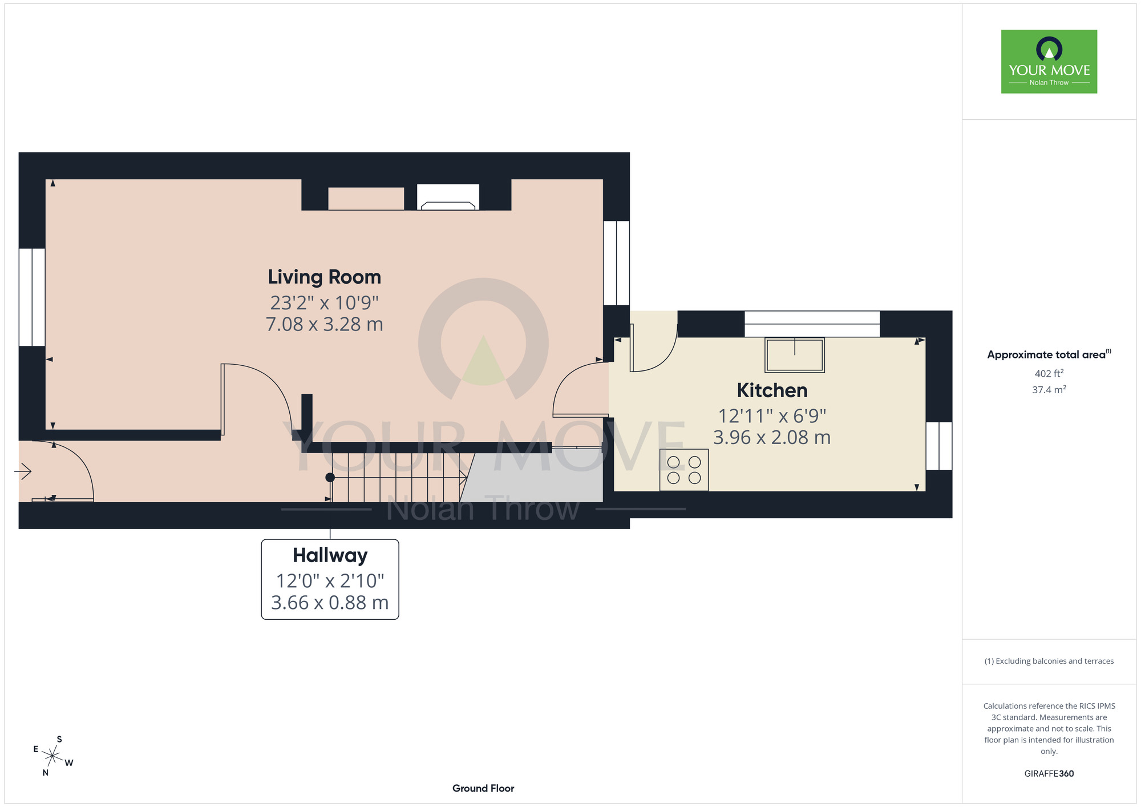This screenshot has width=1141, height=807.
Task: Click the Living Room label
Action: pyautogui.click(x=324, y=277)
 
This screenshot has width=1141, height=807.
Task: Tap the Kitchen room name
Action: pyautogui.click(x=771, y=390)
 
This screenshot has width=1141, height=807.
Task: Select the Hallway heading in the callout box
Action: pyautogui.click(x=330, y=555)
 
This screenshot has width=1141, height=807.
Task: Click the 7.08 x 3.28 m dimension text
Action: pyautogui.click(x=324, y=324)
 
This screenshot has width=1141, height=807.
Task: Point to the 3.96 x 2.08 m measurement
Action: pyautogui.click(x=771, y=438)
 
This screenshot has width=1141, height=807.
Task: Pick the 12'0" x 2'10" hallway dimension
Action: pyautogui.click(x=330, y=581)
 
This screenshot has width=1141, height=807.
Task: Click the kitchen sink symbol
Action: pyautogui.click(x=794, y=354)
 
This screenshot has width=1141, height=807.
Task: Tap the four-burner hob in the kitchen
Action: pyautogui.click(x=683, y=470)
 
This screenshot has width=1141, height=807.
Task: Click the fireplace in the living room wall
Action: pyautogui.click(x=448, y=197)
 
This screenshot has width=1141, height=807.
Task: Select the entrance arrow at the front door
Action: pyautogui.click(x=23, y=471)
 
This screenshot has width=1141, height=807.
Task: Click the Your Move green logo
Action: pyautogui.click(x=1049, y=62)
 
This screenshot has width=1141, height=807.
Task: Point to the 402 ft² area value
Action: pyautogui.click(x=1049, y=373)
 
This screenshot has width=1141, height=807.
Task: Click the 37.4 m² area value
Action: pyautogui.click(x=1049, y=390)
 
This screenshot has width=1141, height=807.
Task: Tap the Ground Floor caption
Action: pyautogui.click(x=483, y=788)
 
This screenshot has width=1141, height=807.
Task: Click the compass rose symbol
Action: pyautogui.click(x=52, y=756)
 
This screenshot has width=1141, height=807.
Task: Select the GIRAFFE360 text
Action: pyautogui.click(x=1049, y=774)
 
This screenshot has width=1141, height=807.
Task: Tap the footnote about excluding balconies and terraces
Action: pyautogui.click(x=1049, y=661)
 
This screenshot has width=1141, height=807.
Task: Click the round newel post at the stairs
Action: pyautogui.click(x=330, y=477)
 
